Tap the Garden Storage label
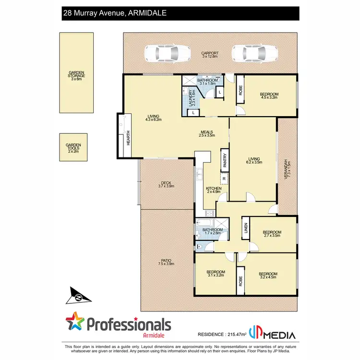tap(77, 76)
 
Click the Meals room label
tap(207, 133)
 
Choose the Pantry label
tap(224, 160)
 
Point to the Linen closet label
tap(245, 228)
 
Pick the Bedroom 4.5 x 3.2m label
tap(269, 94)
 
